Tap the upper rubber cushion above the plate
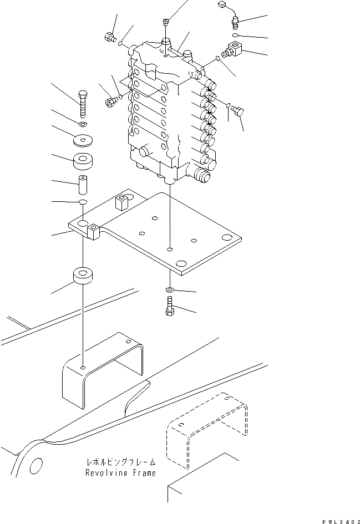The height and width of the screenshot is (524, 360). coord(83,162)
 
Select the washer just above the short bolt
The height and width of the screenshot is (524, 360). coord(170,290)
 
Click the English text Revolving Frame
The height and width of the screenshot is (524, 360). coord(120,473)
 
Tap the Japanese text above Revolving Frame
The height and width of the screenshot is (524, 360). coord(120,462)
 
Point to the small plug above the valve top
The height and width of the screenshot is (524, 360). coord(166,22)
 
